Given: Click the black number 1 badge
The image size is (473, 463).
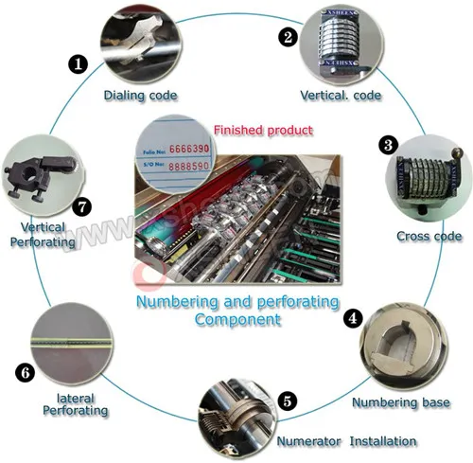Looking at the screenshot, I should (78, 63).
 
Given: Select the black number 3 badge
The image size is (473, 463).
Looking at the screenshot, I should (388, 145).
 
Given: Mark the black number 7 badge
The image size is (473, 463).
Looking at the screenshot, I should (82, 204).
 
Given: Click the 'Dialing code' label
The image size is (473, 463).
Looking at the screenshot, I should (143, 95).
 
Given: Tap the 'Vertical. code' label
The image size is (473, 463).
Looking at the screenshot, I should (340, 96).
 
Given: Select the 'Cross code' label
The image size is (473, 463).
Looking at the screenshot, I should (429, 235).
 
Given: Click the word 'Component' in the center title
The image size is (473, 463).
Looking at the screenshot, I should (237, 319).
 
